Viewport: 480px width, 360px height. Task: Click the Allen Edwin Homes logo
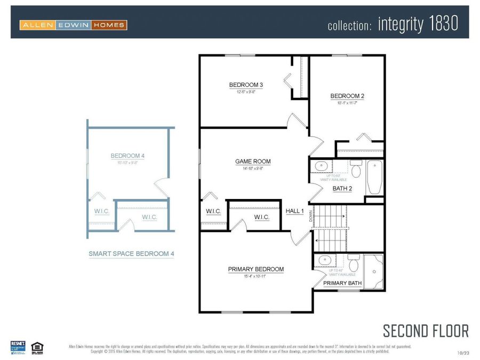73,25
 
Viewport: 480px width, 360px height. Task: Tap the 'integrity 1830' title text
418,24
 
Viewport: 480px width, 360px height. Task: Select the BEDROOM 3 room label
246,85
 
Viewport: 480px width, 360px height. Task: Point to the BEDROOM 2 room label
347,96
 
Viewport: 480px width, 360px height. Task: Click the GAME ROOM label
253,161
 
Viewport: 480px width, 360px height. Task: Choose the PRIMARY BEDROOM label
256,269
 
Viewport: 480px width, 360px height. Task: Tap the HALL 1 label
295,211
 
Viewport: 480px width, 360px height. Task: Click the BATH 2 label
342,188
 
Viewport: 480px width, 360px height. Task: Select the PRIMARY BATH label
342,283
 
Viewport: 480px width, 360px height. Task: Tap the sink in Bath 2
322,166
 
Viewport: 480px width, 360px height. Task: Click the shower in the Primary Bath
374,272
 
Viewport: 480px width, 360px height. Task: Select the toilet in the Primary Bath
353,264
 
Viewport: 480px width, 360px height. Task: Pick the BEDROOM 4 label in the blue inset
127,156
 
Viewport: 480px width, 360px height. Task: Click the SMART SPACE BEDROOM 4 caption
131,254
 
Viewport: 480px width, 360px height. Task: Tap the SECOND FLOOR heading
426,331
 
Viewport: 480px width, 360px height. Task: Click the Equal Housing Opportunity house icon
37,347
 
